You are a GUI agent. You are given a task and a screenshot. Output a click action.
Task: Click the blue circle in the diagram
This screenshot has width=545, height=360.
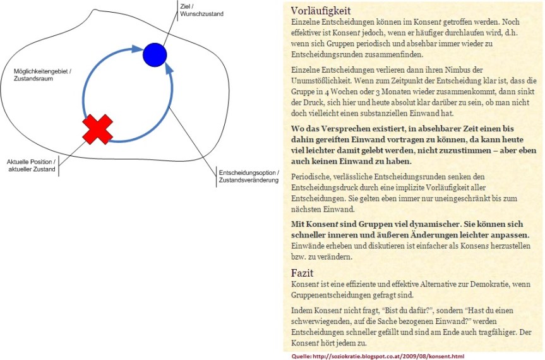pos(153,54)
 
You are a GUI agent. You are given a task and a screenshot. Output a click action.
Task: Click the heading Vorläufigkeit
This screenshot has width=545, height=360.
pos(321,11)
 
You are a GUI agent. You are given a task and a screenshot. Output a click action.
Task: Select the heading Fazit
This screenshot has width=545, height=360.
pos(303,273)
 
